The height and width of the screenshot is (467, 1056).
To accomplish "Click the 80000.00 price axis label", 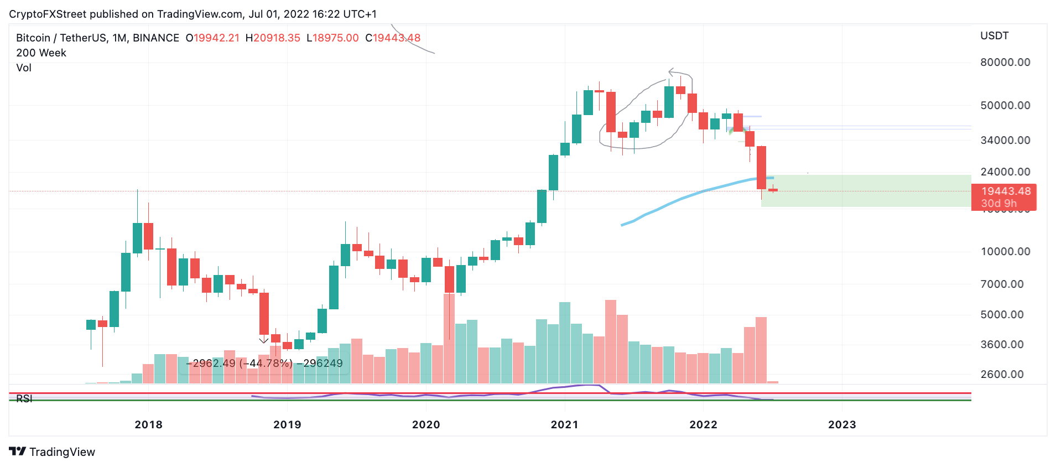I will (1005, 63).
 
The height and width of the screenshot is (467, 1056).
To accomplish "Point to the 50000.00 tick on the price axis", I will (1005, 106).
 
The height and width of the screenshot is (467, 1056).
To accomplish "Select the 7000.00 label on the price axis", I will (1005, 284).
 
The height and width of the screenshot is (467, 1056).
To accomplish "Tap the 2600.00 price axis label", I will (1005, 375).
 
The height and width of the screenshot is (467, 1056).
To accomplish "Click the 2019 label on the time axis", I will (287, 425).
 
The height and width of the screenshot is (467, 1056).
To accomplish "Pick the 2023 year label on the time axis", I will (841, 425).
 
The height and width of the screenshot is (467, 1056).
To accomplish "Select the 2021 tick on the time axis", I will (564, 425).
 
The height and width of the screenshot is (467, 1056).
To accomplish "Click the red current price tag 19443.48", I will (1005, 191).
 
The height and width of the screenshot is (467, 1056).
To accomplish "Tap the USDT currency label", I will (994, 36).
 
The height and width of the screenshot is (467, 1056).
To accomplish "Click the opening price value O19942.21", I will (212, 38).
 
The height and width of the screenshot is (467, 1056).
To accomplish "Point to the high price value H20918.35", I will (273, 38).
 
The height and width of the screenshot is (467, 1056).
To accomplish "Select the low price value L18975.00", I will (332, 38).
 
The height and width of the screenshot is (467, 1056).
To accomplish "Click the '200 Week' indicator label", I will (41, 53).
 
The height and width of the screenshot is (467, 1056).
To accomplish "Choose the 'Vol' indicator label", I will (24, 68).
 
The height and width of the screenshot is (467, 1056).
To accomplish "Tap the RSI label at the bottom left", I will (24, 398).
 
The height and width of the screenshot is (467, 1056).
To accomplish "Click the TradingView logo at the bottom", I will (52, 452).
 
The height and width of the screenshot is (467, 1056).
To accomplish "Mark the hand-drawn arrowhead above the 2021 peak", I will (672, 72).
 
